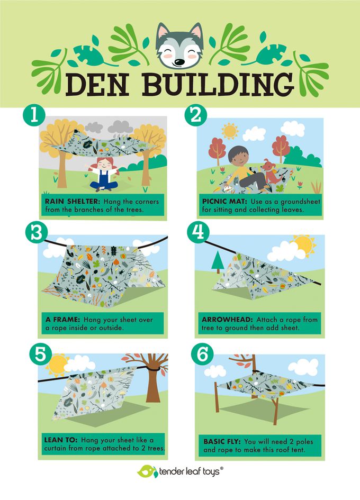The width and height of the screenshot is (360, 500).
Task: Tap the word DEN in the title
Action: [97, 85]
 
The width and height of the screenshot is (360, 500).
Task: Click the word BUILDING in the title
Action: [218, 85]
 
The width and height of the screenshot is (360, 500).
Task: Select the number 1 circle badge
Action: [34, 115]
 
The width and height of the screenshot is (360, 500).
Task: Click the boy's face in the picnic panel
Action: [237, 157]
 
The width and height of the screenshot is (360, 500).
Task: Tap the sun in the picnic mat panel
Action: [229, 131]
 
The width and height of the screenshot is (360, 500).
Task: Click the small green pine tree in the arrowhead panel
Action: [218, 262]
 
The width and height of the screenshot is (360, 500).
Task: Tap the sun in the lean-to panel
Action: [58, 365]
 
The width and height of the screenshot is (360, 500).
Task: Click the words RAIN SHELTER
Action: [73, 202]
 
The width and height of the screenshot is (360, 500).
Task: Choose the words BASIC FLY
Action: [222, 442]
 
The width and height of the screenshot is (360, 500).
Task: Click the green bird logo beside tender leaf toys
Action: [147, 471]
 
